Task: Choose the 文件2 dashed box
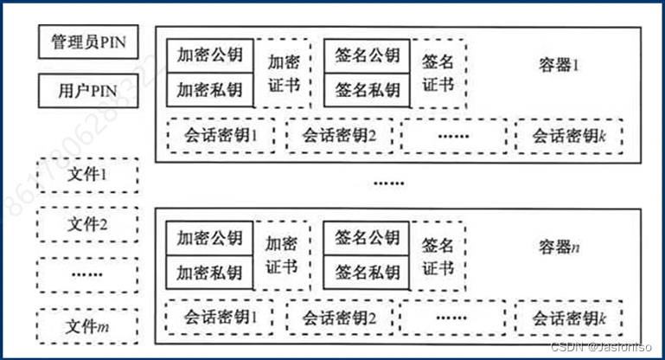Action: tap(87, 226)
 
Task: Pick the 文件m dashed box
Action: tap(87, 326)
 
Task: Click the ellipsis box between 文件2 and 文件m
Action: tap(87, 275)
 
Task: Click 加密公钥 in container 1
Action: tap(209, 55)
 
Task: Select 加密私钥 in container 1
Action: tap(209, 89)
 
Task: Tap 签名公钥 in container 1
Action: tap(367, 55)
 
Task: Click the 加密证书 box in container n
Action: tap(282, 255)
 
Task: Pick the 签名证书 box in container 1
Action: tap(438, 74)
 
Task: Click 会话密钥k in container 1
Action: tap(571, 135)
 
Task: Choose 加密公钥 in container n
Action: tap(209, 237)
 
